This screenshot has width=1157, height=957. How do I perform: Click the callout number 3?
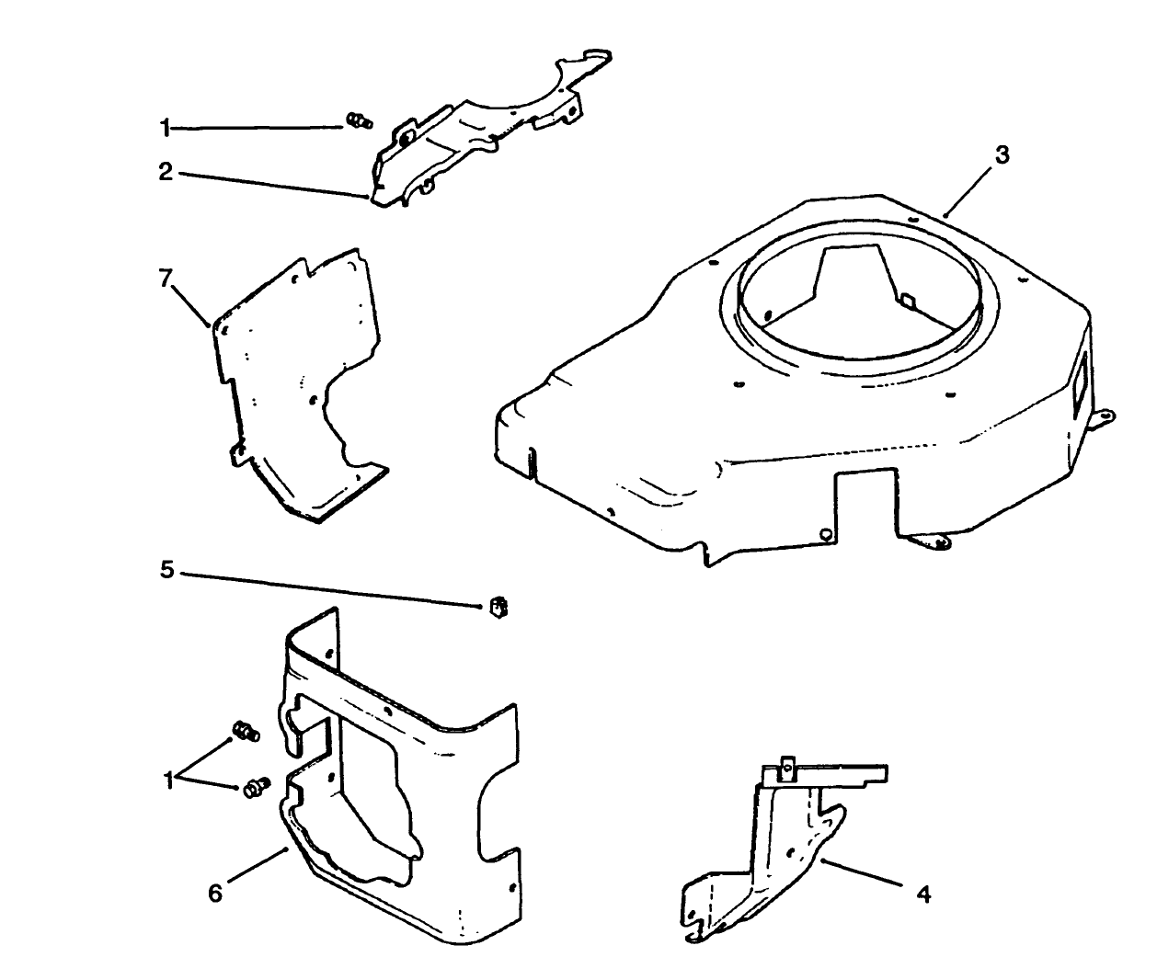[x=1002, y=155]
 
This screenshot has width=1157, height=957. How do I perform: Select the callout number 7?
[x=166, y=279]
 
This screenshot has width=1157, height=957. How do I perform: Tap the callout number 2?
[x=166, y=172]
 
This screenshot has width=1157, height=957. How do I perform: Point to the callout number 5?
[x=166, y=570]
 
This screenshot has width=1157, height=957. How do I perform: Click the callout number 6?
[x=214, y=893]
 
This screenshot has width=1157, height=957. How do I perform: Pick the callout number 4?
[x=923, y=893]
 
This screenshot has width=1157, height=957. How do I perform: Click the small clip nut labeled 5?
[x=498, y=607]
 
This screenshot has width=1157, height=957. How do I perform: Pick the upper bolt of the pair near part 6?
[x=246, y=733]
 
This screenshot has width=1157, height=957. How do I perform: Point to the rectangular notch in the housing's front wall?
[x=865, y=501]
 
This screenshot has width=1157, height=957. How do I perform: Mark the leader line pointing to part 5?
[x=331, y=588]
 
